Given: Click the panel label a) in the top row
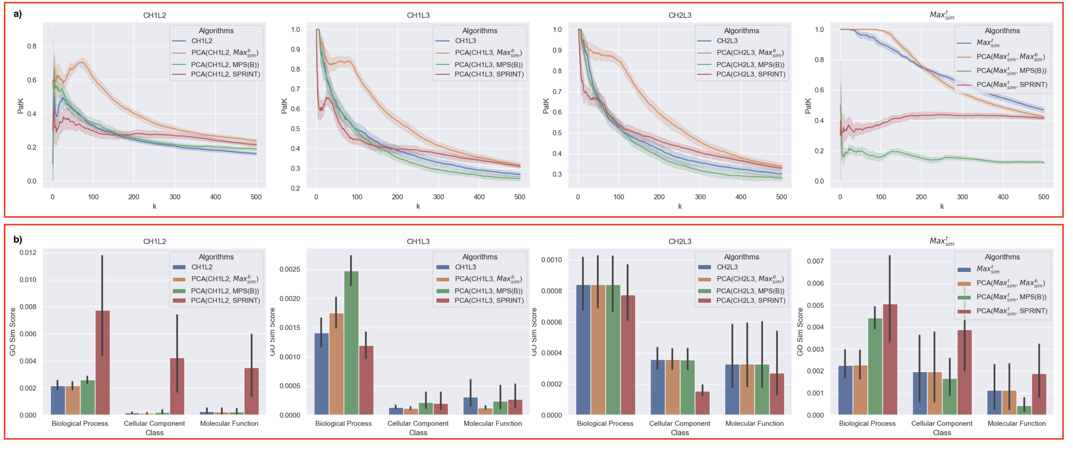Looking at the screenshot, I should pyautogui.click(x=18, y=14).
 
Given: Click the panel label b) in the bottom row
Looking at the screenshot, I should pyautogui.click(x=18, y=240).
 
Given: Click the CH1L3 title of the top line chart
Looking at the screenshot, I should pyautogui.click(x=418, y=15).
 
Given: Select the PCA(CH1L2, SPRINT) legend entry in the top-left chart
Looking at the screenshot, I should pyautogui.click(x=225, y=75).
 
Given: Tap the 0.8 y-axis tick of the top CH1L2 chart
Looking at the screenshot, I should pyautogui.click(x=32, y=46).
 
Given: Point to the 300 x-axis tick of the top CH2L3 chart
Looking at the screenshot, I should pyautogui.click(x=700, y=197).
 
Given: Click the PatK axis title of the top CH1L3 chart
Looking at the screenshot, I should pyautogui.click(x=284, y=106).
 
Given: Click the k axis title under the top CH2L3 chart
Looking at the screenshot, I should pyautogui.click(x=680, y=206).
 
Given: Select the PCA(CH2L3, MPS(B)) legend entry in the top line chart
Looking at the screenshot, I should pyautogui.click(x=750, y=65).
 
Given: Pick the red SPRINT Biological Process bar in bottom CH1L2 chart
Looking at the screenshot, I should pyautogui.click(x=103, y=362).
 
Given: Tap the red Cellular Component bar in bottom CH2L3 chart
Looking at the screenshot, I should pyautogui.click(x=702, y=403).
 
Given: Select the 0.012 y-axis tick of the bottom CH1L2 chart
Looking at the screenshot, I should pyautogui.click(x=28, y=253).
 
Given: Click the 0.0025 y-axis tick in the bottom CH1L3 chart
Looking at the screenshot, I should pyautogui.click(x=290, y=270).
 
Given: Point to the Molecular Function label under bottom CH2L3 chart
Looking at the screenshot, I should pyautogui.click(x=754, y=423).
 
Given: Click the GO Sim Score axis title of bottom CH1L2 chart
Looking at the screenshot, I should pyautogui.click(x=13, y=332).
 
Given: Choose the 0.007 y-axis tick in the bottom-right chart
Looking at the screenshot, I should pyautogui.click(x=815, y=261).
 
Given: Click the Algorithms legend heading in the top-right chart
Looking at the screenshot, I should pyautogui.click(x=1002, y=31).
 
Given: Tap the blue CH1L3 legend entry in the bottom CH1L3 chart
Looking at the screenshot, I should pyautogui.click(x=465, y=267).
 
